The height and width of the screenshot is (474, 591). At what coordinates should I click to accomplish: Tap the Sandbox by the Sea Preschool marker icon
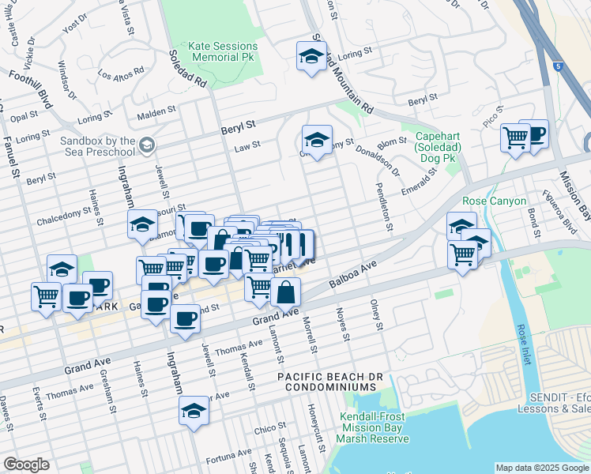click(x=147, y=145)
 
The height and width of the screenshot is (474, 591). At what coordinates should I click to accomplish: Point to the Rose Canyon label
click(x=494, y=201)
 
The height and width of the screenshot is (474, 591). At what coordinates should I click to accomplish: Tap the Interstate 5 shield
click(x=557, y=66)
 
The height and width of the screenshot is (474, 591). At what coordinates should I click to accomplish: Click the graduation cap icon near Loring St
click(x=311, y=56)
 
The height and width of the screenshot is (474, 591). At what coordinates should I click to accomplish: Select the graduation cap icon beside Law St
click(x=317, y=140)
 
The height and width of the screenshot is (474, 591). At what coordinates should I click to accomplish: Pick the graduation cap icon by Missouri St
click(x=142, y=224)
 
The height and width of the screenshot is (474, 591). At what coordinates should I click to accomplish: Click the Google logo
click(x=26, y=465)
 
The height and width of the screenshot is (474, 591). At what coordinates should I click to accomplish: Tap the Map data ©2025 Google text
click(x=541, y=468)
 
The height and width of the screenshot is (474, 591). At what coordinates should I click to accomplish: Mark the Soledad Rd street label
click(x=187, y=70)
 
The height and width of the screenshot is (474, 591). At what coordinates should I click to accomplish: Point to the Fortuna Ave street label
click(x=228, y=458)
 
